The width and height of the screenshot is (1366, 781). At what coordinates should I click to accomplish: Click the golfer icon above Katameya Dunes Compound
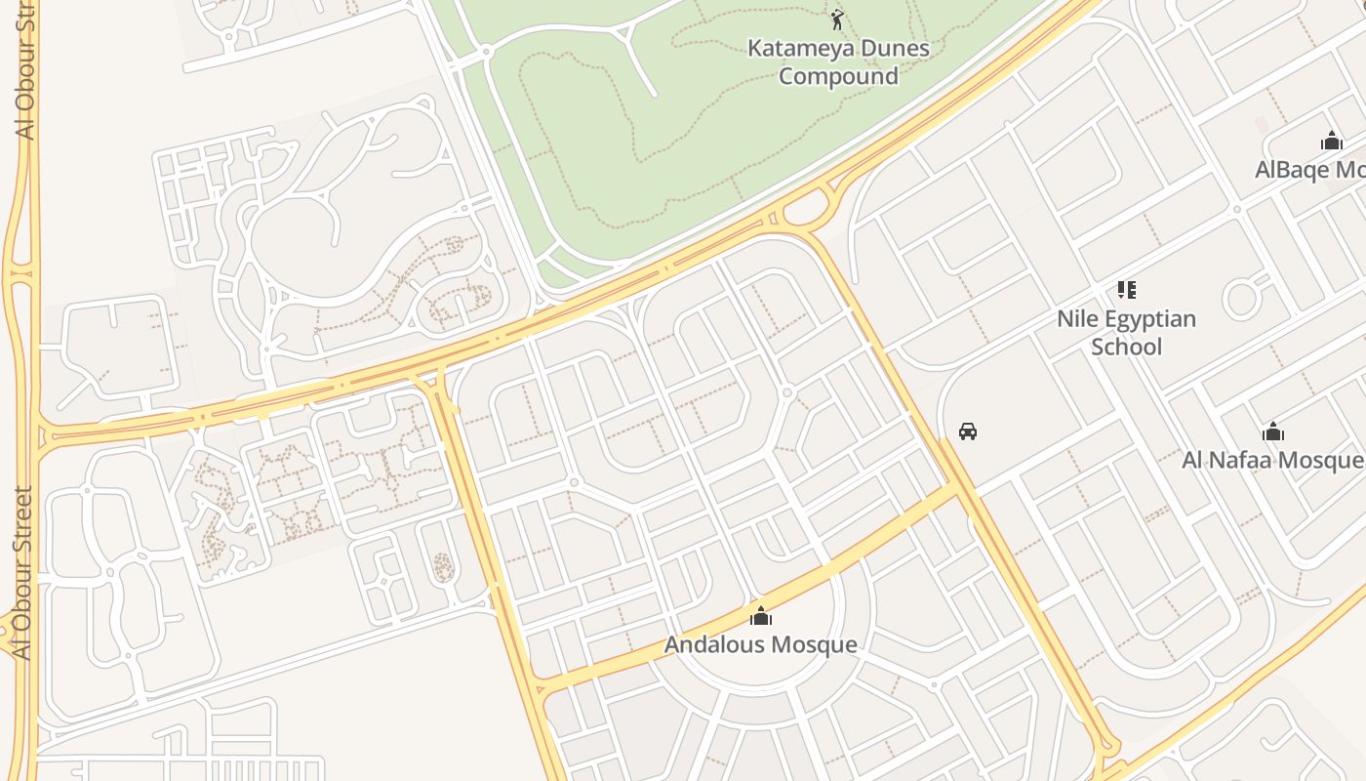click(837, 19)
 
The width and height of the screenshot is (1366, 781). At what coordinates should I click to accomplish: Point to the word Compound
click(838, 76)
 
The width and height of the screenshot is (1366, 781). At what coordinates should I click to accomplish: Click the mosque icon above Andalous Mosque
click(760, 616)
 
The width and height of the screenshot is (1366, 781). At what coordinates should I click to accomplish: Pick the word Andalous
click(716, 645)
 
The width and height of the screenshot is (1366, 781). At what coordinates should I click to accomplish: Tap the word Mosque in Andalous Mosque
click(814, 645)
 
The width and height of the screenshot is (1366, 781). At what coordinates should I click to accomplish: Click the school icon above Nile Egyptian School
click(1127, 290)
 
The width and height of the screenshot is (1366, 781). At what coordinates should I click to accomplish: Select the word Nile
click(1078, 319)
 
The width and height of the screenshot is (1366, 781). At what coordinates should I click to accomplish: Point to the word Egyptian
click(1150, 320)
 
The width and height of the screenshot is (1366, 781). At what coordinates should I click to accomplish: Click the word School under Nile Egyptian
click(1127, 348)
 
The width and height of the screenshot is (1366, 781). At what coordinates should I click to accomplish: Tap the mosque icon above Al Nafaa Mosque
click(1272, 432)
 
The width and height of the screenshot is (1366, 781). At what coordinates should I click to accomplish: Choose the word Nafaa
click(1249, 460)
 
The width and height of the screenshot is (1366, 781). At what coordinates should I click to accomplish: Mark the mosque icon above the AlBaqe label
click(1332, 142)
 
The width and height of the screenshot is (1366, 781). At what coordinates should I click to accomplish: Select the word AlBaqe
click(1292, 170)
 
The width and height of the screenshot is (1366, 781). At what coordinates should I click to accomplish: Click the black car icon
click(968, 431)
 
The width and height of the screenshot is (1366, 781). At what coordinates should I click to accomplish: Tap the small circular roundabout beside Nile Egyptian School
click(1240, 299)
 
